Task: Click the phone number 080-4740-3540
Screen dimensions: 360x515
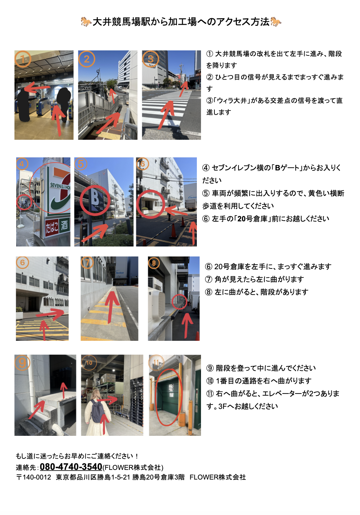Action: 71,467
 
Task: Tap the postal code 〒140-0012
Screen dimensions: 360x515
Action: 34,477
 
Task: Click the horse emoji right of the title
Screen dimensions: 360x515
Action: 276,22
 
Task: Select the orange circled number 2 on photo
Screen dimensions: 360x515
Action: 87,59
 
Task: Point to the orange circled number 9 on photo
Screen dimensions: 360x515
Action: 22,363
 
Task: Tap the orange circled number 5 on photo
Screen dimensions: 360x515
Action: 81,164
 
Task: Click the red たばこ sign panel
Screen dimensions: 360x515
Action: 52,227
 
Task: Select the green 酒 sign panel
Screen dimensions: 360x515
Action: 64,225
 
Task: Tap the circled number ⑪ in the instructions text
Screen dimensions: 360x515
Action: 210,393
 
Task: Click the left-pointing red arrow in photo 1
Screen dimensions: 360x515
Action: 37,87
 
